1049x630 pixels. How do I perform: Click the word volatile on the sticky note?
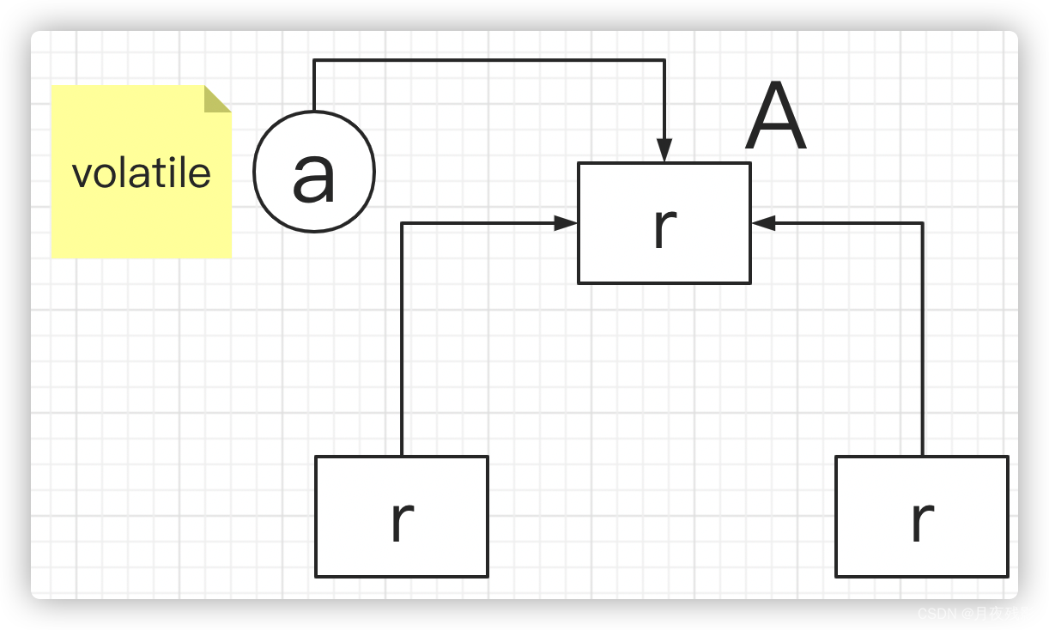coord(142,173)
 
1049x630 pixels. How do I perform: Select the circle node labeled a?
coord(314,172)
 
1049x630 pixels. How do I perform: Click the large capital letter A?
coord(776,118)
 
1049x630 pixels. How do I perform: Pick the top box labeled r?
coord(664,223)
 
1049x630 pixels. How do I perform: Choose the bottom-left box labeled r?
coord(402,517)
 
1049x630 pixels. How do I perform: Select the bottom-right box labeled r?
coord(922,517)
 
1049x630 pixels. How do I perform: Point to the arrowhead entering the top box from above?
coord(664,151)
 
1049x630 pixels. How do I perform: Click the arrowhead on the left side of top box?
coord(566,223)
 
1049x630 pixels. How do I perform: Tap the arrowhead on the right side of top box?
coord(763,223)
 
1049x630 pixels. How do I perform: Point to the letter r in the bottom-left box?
coord(402,519)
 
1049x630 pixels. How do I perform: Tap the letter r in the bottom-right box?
coord(922,519)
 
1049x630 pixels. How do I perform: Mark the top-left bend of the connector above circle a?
coord(314,60)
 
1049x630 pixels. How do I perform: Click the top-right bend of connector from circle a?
coord(664,60)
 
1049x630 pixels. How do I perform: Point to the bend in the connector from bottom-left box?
coord(402,223)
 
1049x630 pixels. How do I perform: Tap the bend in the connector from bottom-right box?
coord(923,223)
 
